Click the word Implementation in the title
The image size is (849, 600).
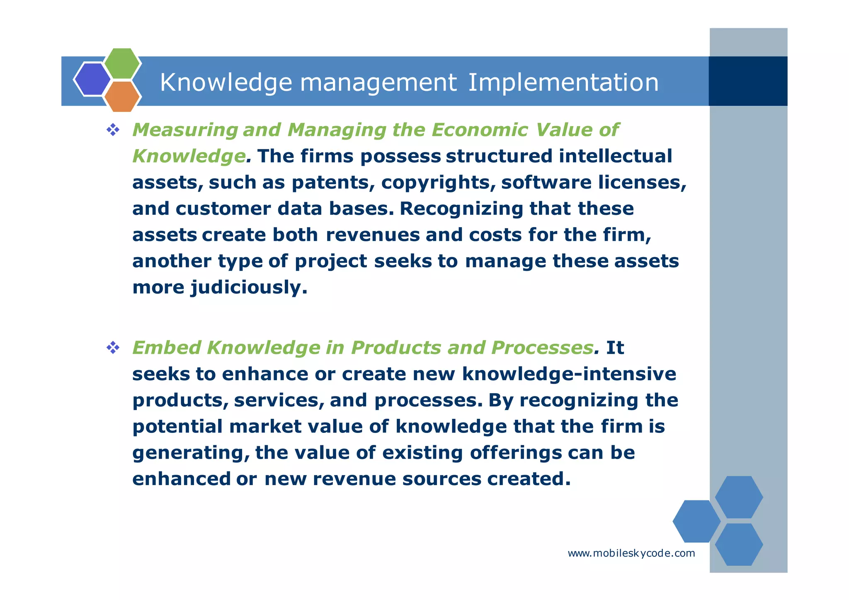click(563, 82)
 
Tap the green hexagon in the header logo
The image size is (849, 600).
click(122, 63)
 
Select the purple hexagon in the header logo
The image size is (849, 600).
click(92, 79)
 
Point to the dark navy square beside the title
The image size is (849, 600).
click(748, 81)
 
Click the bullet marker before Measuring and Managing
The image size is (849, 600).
click(113, 130)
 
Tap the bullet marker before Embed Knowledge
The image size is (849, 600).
click(113, 347)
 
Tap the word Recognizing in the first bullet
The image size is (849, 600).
click(461, 209)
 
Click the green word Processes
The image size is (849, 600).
click(542, 347)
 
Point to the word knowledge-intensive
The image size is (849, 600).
click(569, 374)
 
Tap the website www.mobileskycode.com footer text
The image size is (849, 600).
click(631, 553)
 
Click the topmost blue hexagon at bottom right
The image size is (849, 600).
click(739, 497)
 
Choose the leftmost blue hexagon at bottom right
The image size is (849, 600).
click(696, 521)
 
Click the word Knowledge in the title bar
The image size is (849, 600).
click(226, 82)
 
